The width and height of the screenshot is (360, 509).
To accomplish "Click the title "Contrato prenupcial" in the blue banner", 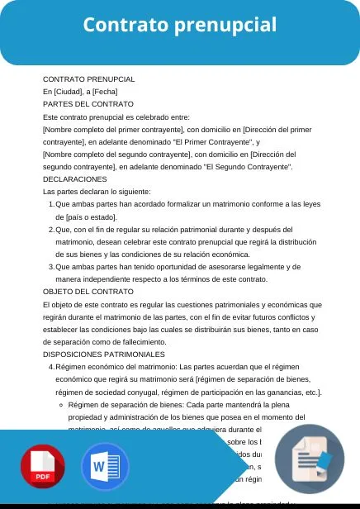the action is (x=180, y=26).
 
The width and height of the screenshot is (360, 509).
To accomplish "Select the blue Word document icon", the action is (x=106, y=467).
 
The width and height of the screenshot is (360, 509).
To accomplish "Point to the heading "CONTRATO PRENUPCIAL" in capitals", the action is (x=88, y=79).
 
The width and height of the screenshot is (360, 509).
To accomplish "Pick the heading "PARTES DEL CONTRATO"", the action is (x=88, y=104).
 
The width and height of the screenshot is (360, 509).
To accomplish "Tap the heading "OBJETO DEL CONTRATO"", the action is (x=88, y=291).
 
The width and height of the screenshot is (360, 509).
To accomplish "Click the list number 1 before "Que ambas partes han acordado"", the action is (x=51, y=204).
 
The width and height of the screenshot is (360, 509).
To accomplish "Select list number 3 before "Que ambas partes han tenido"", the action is (x=51, y=266).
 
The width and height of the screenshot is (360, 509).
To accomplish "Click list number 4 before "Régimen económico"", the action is (x=51, y=366).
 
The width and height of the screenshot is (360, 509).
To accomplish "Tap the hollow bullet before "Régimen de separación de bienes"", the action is (x=63, y=405).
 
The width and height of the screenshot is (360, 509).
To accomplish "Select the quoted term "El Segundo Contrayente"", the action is (x=247, y=166).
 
